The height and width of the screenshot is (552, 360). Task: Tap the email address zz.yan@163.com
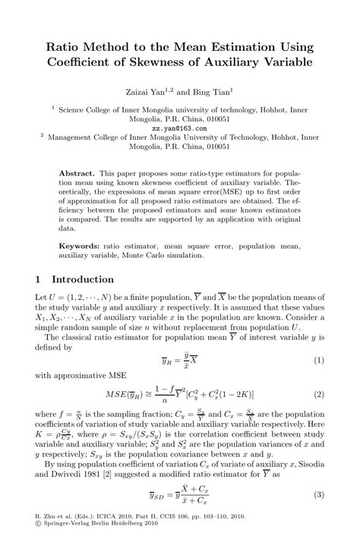tap(179, 128)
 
